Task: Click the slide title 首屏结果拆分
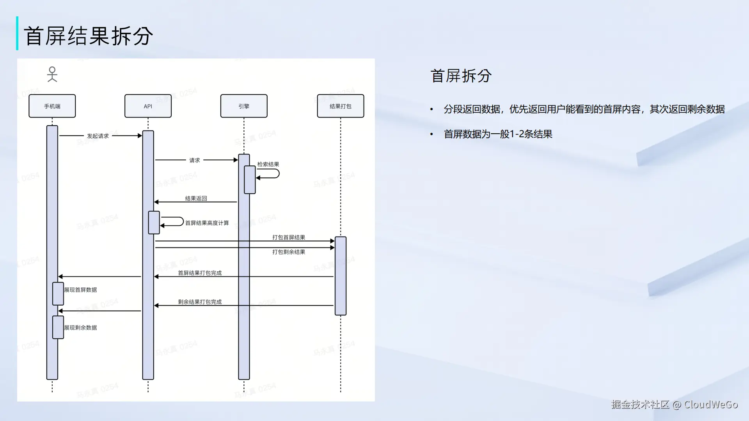click(88, 36)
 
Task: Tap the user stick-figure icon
click(52, 74)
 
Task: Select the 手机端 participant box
click(52, 106)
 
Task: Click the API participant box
click(148, 106)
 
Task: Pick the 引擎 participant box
click(244, 106)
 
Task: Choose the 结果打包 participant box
click(340, 106)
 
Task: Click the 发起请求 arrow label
click(98, 136)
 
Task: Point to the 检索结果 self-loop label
click(268, 165)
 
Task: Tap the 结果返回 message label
click(196, 198)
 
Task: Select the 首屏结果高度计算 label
click(207, 223)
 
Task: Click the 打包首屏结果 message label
click(289, 237)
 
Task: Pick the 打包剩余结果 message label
click(289, 252)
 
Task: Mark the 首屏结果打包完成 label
click(200, 273)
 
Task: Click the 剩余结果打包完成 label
click(200, 302)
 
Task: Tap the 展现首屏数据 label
click(80, 290)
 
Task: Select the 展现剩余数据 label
click(80, 327)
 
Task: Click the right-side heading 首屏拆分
click(461, 76)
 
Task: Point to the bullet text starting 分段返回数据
click(584, 109)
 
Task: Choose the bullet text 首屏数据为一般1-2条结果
click(498, 134)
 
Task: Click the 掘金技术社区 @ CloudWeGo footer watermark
click(674, 405)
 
